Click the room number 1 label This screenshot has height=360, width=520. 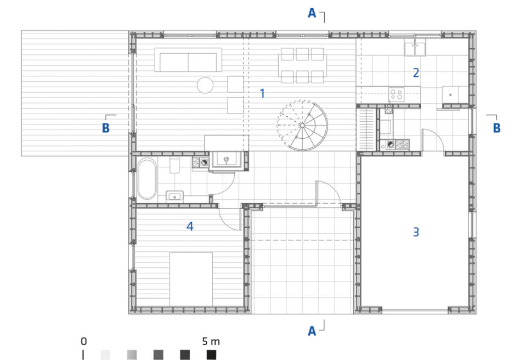tap(262, 93)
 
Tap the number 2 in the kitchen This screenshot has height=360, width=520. tap(416, 72)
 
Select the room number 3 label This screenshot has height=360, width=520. tap(416, 232)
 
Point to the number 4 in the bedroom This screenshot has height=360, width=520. tap(190, 226)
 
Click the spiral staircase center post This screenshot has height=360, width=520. tap(302, 126)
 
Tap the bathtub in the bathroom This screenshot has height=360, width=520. tap(147, 179)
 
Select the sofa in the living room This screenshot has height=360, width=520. tap(188, 60)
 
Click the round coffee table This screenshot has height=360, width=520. tap(205, 85)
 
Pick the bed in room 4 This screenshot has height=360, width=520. tap(191, 279)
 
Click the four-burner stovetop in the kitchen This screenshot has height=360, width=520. tap(396, 94)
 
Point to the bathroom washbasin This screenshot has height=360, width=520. tap(174, 196)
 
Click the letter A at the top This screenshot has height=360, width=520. tap(312, 13)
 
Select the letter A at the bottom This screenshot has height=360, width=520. tap(312, 331)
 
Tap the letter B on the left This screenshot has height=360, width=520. tap(106, 128)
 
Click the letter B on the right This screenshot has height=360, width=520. tap(496, 128)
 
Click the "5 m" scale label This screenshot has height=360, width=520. tap(211, 341)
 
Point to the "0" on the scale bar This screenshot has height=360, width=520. tap(83, 341)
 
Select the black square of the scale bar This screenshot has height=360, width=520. tap(211, 355)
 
